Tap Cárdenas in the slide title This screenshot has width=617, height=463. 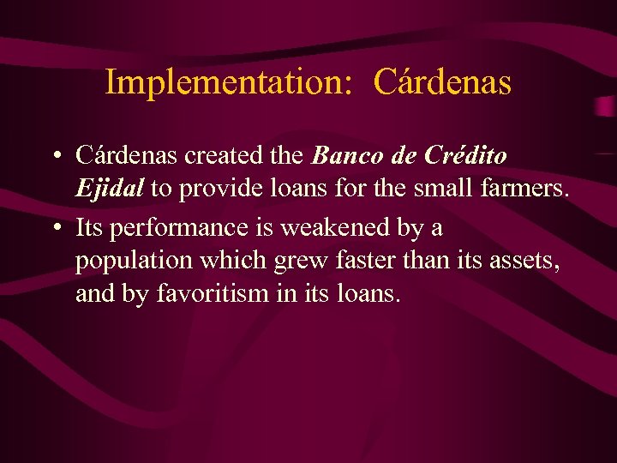click(443, 82)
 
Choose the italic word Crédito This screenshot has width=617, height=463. click(465, 156)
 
